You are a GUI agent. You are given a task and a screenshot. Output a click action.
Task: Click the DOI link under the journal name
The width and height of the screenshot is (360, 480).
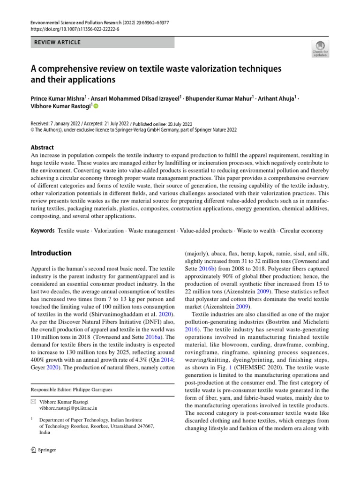75,29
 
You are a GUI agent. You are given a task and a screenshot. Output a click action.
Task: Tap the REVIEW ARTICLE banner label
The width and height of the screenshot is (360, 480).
58,42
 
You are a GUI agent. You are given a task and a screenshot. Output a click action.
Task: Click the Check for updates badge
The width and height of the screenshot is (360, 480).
320,49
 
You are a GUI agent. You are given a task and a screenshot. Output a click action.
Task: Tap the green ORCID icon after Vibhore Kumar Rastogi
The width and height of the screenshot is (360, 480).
97,107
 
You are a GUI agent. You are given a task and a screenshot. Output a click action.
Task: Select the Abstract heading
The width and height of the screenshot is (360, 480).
42,147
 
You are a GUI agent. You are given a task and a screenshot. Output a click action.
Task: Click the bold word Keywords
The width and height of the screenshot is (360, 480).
42,231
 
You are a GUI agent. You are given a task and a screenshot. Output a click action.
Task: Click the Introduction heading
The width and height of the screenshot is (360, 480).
51,253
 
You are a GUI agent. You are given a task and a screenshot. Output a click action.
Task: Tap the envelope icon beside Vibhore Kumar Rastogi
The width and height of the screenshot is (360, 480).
33,402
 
